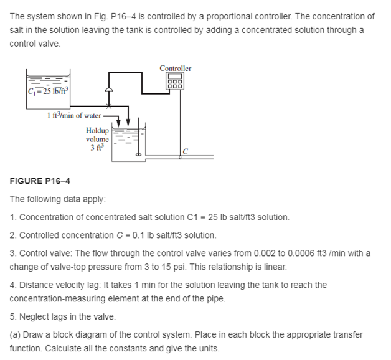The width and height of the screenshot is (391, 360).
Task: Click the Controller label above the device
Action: click(176, 68)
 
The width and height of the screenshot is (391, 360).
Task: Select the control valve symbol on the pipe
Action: click(110, 92)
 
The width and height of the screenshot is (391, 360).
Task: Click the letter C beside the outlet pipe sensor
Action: click(186, 151)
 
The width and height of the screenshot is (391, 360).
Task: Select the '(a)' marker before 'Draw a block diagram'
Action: click(16, 334)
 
